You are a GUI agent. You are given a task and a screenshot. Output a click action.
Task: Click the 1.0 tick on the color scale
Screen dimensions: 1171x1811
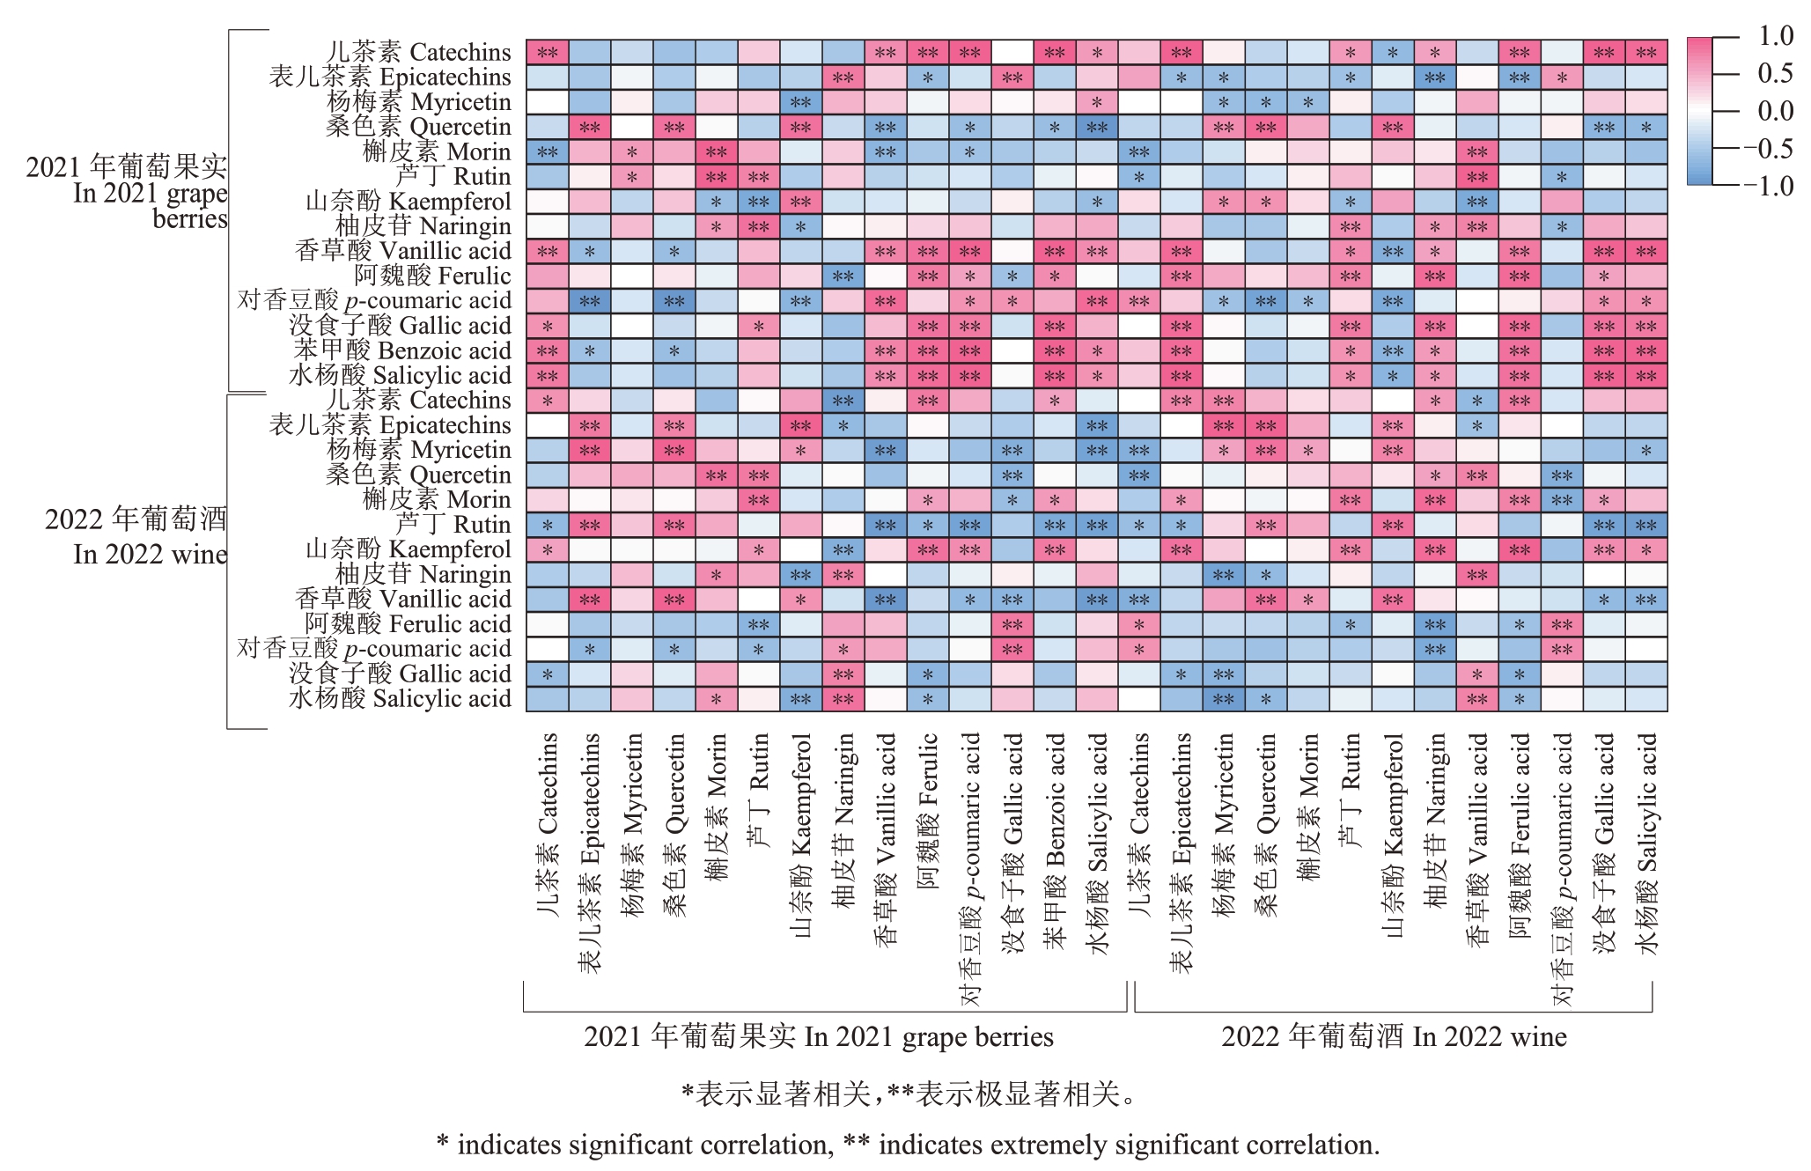tap(1775, 36)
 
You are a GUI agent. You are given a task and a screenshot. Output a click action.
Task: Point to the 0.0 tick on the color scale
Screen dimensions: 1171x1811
tap(1775, 111)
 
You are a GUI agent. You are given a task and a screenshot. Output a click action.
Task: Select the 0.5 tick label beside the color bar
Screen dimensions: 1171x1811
tap(1775, 73)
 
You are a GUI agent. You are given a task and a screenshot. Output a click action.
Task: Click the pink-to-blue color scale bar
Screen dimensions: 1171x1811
tap(1699, 111)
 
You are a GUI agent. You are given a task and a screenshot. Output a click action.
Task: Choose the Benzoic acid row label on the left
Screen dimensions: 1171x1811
tap(401, 350)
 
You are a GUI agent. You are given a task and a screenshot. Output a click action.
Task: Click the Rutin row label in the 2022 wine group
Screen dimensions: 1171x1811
tap(453, 525)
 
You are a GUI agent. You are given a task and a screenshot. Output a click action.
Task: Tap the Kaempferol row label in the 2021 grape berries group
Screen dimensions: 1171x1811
tap(408, 202)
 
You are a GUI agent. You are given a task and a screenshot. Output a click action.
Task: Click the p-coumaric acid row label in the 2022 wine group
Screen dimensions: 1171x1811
tap(374, 649)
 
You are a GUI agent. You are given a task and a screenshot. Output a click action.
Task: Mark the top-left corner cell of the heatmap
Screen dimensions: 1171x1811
tap(548, 52)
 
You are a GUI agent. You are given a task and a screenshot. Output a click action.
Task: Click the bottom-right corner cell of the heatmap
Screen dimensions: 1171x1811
tap(1646, 699)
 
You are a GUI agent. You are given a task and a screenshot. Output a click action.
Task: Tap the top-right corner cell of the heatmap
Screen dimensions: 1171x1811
tap(1646, 52)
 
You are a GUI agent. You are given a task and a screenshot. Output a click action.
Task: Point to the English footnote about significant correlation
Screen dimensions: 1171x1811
tap(908, 1145)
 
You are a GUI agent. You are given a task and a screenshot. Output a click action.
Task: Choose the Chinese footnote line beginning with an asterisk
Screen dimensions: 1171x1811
tap(908, 1094)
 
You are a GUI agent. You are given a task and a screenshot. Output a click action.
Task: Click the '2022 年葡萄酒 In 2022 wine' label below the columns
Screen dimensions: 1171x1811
tap(1394, 1037)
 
